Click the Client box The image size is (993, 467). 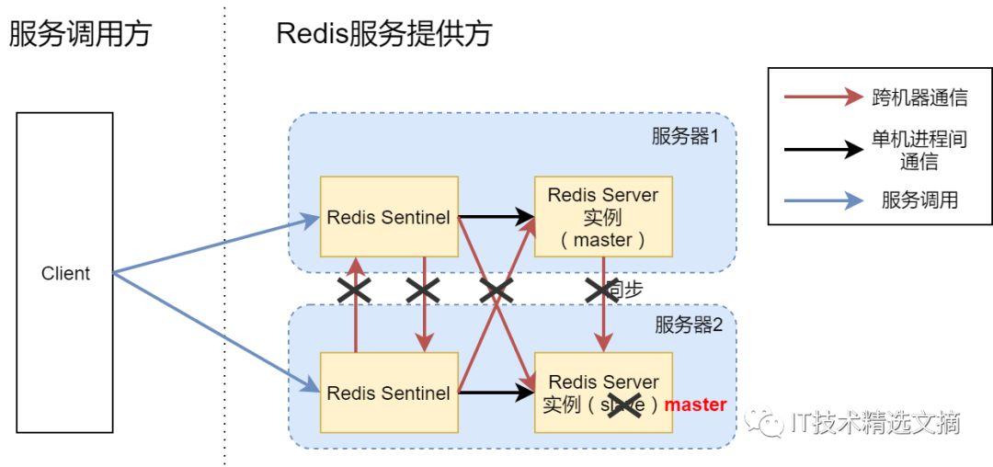coord(64,273)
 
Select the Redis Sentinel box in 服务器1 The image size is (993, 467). coord(389,217)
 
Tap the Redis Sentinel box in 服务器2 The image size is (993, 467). coord(389,393)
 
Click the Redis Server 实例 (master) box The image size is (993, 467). coord(603,217)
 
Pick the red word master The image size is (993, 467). coord(695,404)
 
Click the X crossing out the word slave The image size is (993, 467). coord(625,404)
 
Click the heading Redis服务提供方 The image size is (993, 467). coord(384,34)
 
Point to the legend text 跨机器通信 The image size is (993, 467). coord(919,97)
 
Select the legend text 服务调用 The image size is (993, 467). coord(919,199)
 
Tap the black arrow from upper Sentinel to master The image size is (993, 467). coord(496,218)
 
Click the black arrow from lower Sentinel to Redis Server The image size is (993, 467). coord(496,393)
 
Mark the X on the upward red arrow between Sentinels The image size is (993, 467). coord(355,291)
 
